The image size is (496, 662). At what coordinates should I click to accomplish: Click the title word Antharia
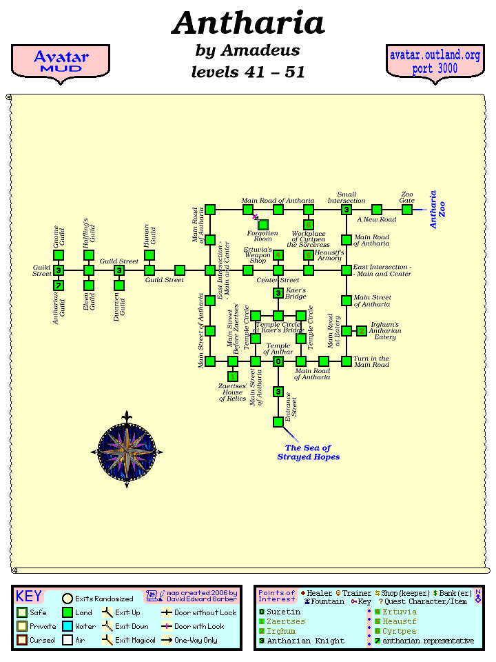pyautogui.click(x=248, y=23)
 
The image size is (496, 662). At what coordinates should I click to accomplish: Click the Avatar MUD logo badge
pyautogui.click(x=61, y=62)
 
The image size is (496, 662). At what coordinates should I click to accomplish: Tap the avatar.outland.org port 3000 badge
pyautogui.click(x=435, y=62)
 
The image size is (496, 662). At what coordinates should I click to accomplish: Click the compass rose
pyautogui.click(x=127, y=451)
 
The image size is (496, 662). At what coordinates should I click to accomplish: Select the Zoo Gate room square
pyautogui.click(x=407, y=210)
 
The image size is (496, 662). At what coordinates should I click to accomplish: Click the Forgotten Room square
pyautogui.click(x=263, y=224)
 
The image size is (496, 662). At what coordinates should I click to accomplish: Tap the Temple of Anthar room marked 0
pyautogui.click(x=278, y=361)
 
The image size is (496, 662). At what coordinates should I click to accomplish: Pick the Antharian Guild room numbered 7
pyautogui.click(x=59, y=285)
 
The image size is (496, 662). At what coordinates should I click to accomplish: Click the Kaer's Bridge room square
pyautogui.click(x=278, y=294)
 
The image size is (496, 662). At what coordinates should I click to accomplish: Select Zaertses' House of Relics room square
pyautogui.click(x=233, y=377)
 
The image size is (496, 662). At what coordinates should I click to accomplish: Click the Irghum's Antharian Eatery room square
pyautogui.click(x=362, y=331)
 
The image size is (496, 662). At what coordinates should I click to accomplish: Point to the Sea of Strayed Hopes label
pyautogui.click(x=308, y=452)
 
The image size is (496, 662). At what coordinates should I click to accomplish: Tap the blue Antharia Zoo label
pyautogui.click(x=437, y=210)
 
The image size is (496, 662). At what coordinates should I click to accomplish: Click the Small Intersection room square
pyautogui.click(x=347, y=210)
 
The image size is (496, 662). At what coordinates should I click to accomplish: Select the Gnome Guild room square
pyautogui.click(x=59, y=255)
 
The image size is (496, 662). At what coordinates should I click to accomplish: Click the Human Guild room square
pyautogui.click(x=149, y=255)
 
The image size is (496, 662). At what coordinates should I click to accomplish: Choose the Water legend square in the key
pyautogui.click(x=67, y=626)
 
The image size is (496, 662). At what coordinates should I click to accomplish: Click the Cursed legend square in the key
pyautogui.click(x=21, y=641)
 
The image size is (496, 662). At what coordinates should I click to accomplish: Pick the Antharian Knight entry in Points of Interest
pyautogui.click(x=305, y=641)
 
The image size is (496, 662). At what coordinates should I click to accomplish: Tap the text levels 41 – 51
pyautogui.click(x=248, y=72)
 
